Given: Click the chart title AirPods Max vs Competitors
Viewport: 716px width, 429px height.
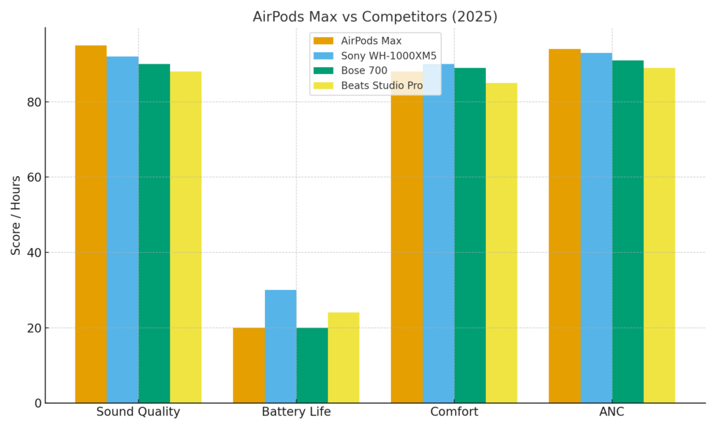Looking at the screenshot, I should [x=375, y=17].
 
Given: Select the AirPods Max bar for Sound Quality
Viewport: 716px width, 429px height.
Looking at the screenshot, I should [x=91, y=224].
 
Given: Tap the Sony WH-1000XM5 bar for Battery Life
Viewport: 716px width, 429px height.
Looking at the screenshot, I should [x=280, y=346].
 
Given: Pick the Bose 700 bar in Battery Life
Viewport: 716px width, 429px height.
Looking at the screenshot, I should [x=312, y=365].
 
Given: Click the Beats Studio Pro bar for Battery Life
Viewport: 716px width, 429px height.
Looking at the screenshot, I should [x=343, y=357].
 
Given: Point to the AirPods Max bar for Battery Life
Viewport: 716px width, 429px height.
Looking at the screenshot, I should [x=249, y=365].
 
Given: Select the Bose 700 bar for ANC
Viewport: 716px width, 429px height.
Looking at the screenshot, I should [x=628, y=231].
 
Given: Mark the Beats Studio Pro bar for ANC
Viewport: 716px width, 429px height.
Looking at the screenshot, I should [x=659, y=235].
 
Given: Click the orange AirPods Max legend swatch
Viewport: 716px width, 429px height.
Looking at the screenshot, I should [x=324, y=41].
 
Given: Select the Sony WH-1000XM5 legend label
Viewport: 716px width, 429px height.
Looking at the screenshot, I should [x=389, y=56].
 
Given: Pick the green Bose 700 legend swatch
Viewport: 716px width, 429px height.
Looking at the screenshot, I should [x=324, y=71].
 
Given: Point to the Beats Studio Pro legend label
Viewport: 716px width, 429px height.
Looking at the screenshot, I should [x=382, y=85].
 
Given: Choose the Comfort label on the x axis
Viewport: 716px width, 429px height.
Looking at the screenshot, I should [x=454, y=412].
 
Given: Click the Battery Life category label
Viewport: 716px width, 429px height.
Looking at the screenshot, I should [x=296, y=412].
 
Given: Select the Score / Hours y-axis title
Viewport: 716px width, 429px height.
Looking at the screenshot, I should [x=15, y=215].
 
